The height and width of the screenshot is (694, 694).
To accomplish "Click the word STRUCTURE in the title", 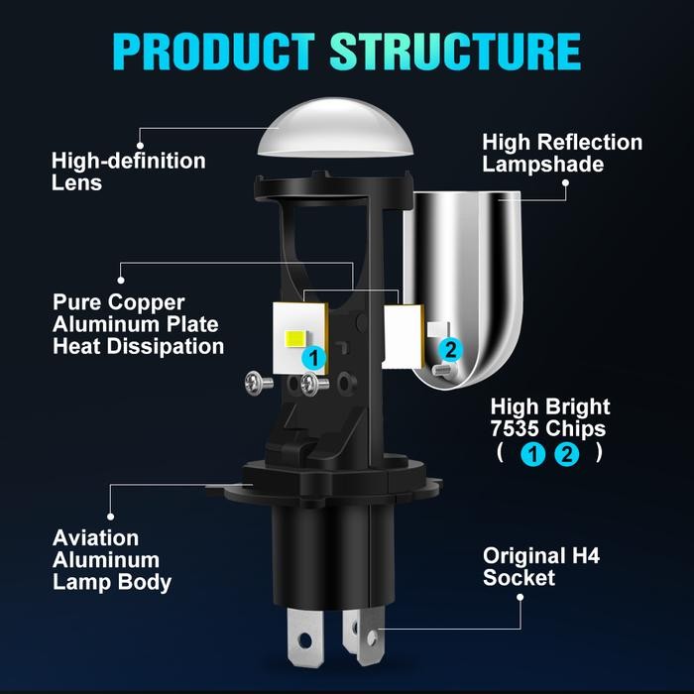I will coord(455,52).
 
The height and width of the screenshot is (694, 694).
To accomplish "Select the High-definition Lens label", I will coord(128,171).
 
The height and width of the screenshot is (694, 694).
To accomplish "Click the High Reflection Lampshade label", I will coord(562,153).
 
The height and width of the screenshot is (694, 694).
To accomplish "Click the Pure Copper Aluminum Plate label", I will coord(138,323).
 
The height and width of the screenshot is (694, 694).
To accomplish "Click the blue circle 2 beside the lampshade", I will coord(450,348).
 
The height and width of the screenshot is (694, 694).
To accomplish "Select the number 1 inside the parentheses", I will coord(532,455).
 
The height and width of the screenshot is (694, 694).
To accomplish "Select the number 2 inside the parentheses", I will coord(567,455).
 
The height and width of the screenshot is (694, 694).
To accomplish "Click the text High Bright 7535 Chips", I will coord(550,417).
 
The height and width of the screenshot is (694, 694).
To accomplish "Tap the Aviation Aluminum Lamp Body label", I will coord(112,560).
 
